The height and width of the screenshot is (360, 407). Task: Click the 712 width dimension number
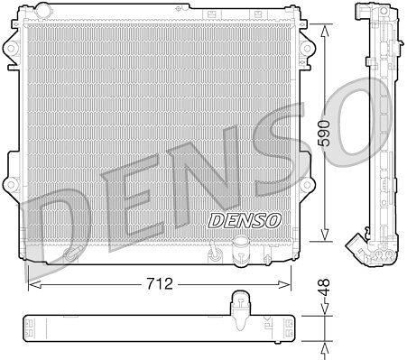tap(160, 283)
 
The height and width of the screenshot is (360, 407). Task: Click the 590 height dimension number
tap(325, 134)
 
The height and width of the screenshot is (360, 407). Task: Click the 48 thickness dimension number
tap(325, 287)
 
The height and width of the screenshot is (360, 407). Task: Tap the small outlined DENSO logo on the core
tap(245, 220)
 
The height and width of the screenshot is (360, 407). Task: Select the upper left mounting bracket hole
tap(11, 48)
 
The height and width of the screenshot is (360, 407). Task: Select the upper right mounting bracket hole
tap(307, 48)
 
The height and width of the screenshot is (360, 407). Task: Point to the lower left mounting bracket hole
tap(11, 185)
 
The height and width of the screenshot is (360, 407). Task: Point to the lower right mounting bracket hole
tap(307, 185)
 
